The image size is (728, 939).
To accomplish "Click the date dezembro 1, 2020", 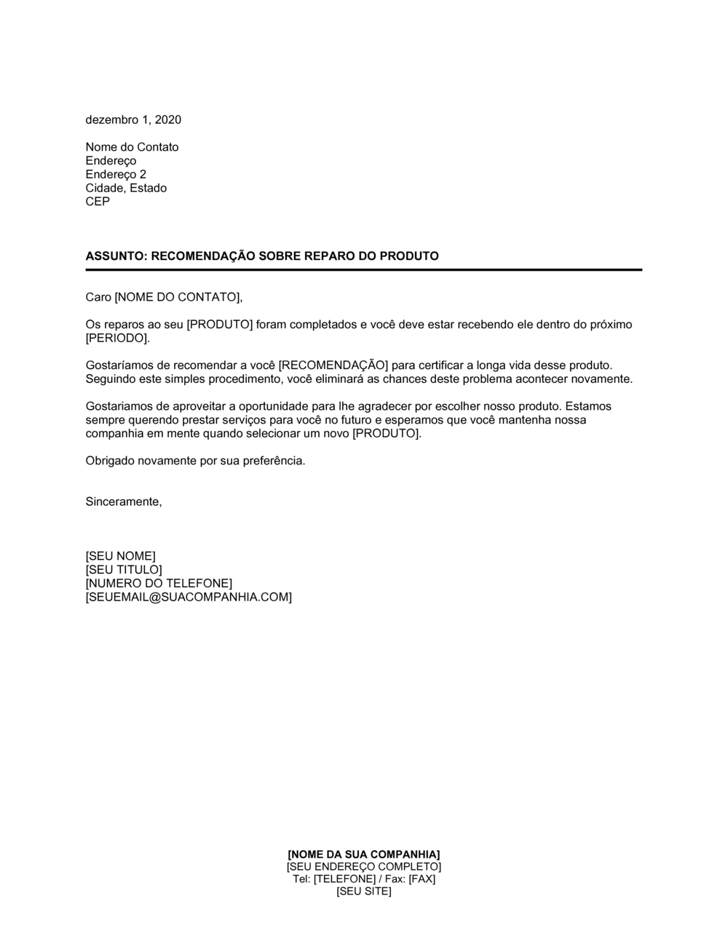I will (133, 119).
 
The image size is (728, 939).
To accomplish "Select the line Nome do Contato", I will (132, 147).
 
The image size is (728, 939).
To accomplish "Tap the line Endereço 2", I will (116, 175).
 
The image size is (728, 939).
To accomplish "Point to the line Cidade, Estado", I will (126, 188).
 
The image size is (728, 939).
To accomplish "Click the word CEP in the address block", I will (98, 202).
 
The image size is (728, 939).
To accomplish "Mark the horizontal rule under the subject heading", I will (363, 270).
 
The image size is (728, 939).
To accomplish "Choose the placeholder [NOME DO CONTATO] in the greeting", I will (177, 297).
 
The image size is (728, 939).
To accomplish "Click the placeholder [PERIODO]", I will (116, 338).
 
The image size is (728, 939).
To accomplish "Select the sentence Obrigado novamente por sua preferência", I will (195, 461).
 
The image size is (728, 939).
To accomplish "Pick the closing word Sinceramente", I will (123, 502).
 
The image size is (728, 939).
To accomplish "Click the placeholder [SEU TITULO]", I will (124, 570).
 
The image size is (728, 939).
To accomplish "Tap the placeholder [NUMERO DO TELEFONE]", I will (159, 584).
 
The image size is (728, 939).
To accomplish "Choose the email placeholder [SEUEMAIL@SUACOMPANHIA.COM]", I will (189, 598).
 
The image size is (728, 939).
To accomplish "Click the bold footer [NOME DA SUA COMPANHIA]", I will (363, 854).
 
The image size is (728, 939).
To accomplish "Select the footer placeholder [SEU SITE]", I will (363, 892).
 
